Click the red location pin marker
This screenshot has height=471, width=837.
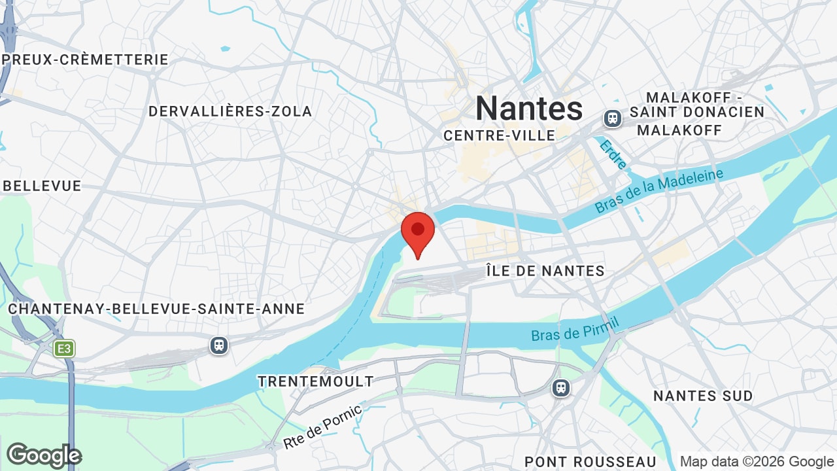click(x=418, y=232)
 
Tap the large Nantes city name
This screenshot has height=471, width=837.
click(x=528, y=108)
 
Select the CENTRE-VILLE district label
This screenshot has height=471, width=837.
click(x=499, y=135)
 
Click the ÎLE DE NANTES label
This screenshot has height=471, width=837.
click(x=545, y=270)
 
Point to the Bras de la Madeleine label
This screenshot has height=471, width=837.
click(x=659, y=190)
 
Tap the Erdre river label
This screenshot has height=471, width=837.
click(x=613, y=155)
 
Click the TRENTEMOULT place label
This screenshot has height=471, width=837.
click(x=315, y=381)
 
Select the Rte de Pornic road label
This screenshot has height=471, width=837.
click(x=323, y=427)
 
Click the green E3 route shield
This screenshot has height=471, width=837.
click(x=64, y=349)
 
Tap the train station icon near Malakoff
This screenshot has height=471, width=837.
click(x=613, y=118)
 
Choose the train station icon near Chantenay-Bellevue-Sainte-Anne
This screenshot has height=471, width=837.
click(x=219, y=345)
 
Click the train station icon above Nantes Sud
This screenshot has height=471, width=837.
click(x=560, y=388)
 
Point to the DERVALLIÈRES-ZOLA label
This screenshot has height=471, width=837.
click(x=230, y=111)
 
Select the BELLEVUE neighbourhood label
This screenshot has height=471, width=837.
click(x=42, y=186)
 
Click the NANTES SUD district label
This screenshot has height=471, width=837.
click(x=703, y=396)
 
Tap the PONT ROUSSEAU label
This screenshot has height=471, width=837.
click(x=590, y=462)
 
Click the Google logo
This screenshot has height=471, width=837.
click(x=44, y=455)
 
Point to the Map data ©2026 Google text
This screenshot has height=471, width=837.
click(x=757, y=462)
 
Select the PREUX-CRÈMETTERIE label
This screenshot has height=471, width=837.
click(x=85, y=60)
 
